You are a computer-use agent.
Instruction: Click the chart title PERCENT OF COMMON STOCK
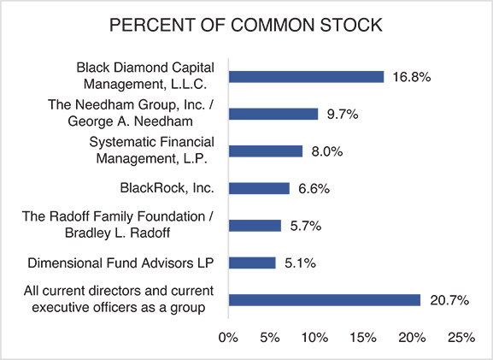coord(246,26)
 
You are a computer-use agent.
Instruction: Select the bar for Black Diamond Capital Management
coord(306,76)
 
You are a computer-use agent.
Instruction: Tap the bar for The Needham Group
coord(273,114)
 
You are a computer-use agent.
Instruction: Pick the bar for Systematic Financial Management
coord(266,150)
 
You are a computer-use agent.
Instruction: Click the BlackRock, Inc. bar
coord(259,188)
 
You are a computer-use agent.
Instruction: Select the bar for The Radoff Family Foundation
coord(255,225)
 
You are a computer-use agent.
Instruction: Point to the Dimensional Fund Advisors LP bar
coord(252,263)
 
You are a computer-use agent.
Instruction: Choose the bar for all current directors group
coord(324,299)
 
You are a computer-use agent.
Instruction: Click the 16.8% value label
coord(411,77)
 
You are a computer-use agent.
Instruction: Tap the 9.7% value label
coord(342,114)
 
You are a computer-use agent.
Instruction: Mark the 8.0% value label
coord(326,151)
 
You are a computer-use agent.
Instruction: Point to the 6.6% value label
coord(313,188)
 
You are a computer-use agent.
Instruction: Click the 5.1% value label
coord(299,263)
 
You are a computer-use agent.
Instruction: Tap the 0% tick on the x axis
coord(228,338)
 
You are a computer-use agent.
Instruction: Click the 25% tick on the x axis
coord(461,338)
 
